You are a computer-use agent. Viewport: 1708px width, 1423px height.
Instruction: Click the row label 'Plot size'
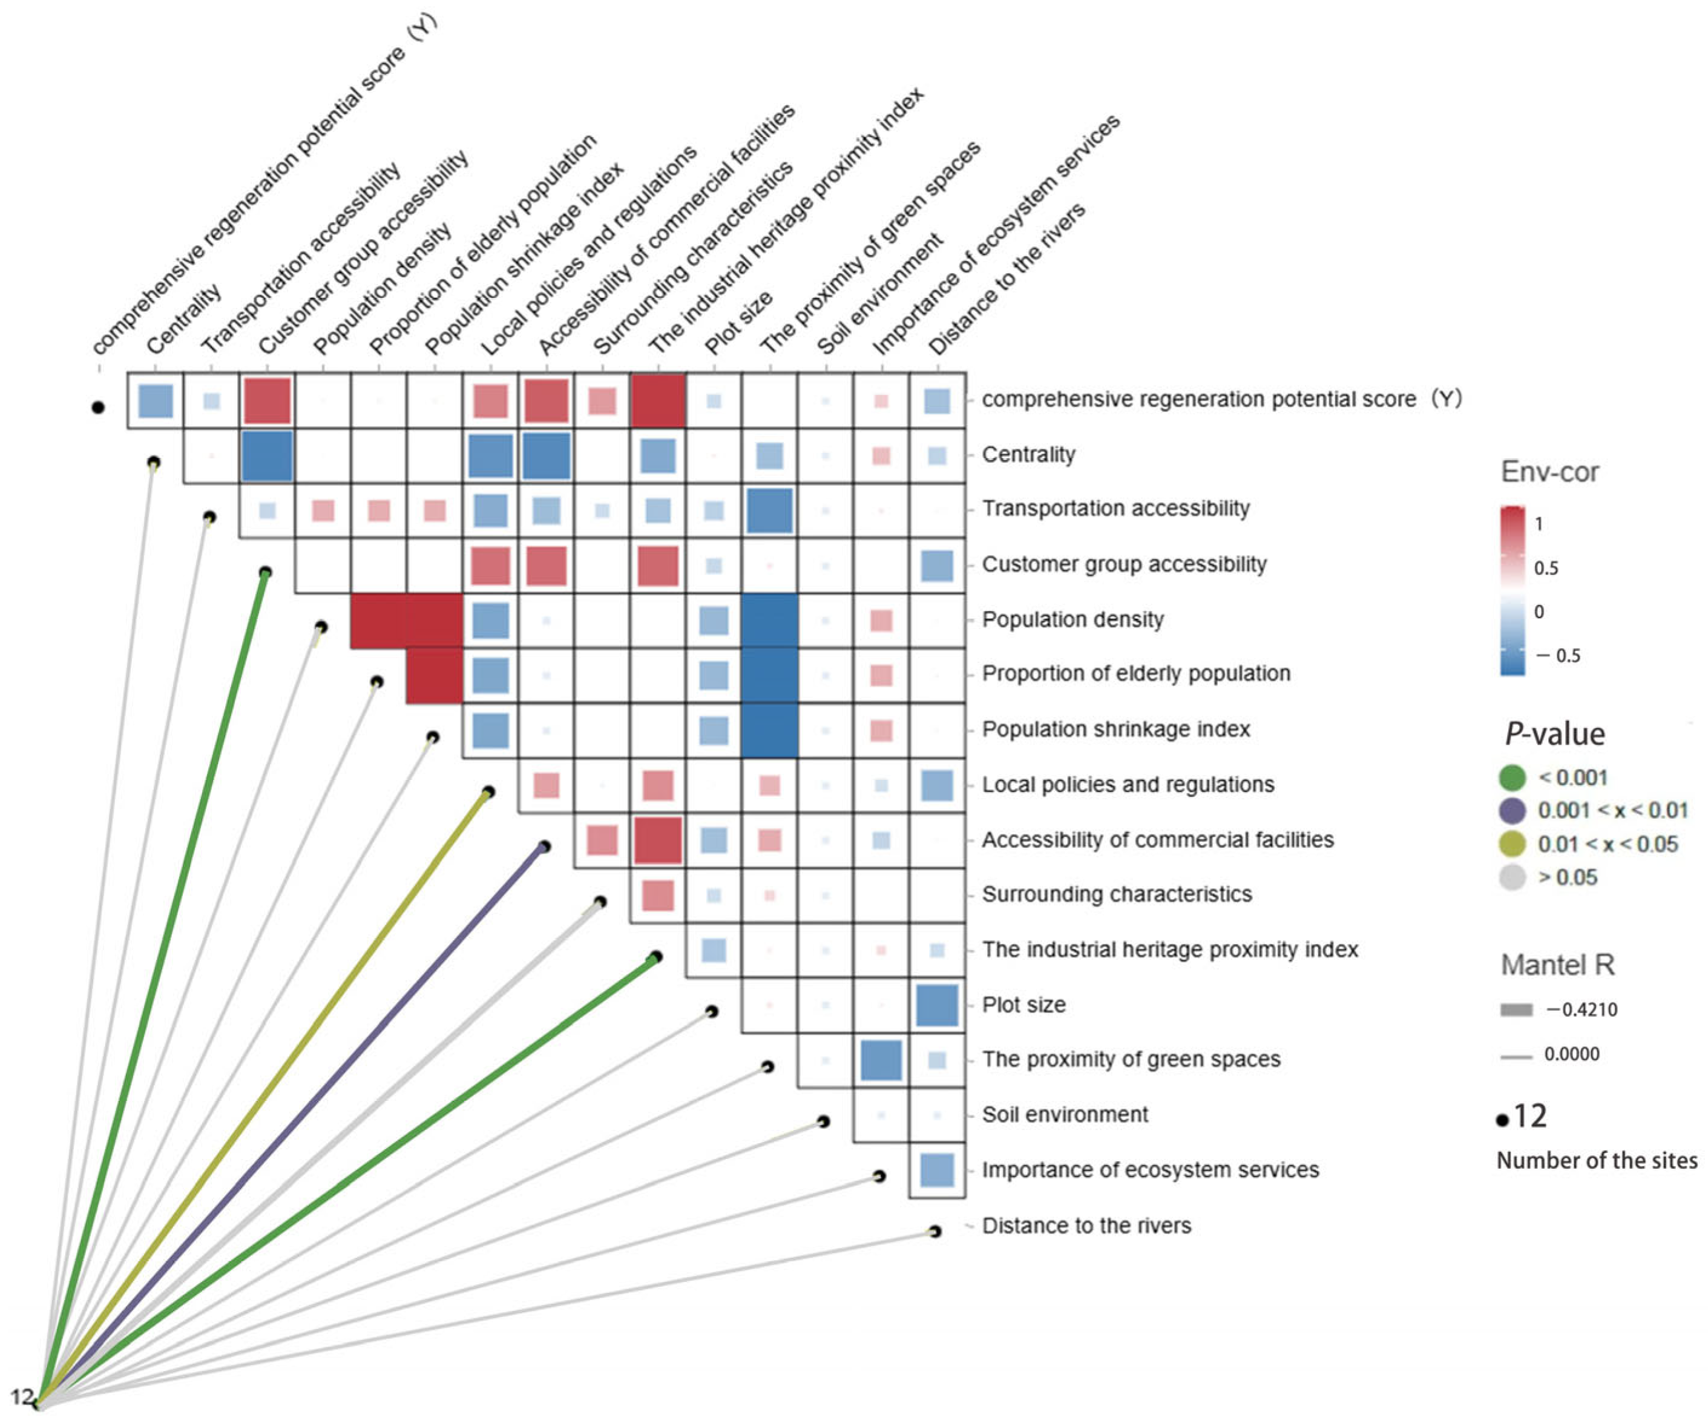pyautogui.click(x=1023, y=1004)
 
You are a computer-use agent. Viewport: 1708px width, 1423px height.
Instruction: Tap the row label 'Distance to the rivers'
pyautogui.click(x=1086, y=1225)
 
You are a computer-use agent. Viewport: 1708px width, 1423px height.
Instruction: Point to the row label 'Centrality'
pyautogui.click(x=1028, y=454)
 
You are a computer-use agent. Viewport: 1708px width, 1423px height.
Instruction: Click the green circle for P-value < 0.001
pyautogui.click(x=1511, y=778)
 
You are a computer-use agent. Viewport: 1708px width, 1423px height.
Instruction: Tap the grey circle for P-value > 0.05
pyautogui.click(x=1511, y=877)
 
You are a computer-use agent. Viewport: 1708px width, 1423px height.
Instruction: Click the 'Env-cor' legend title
pyautogui.click(x=1549, y=472)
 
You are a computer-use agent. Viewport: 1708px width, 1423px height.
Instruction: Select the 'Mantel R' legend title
pyautogui.click(x=1557, y=965)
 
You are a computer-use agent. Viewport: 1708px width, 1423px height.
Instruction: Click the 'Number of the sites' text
pyautogui.click(x=1596, y=1160)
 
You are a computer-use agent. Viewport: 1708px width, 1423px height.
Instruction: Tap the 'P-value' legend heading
pyautogui.click(x=1554, y=734)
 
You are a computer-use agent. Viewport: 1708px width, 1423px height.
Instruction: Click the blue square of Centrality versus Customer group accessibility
pyautogui.click(x=267, y=455)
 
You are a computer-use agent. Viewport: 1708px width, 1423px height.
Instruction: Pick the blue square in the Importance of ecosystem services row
pyautogui.click(x=937, y=1170)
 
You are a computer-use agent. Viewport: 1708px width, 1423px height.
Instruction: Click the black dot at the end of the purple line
pyautogui.click(x=545, y=847)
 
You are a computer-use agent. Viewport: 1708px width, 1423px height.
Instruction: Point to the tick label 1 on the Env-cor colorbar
pyautogui.click(x=1538, y=524)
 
